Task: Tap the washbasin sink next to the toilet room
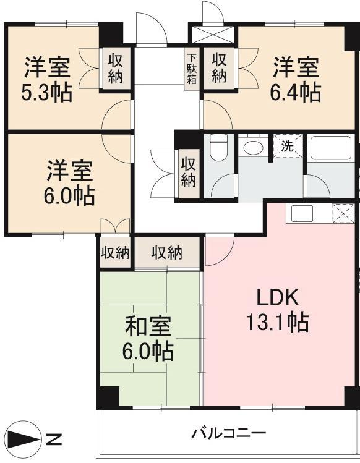coord(252,147)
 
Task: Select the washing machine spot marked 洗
coord(287,146)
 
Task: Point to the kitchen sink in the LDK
coord(302,213)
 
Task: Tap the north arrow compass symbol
coord(24,439)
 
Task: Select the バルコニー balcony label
coord(229,434)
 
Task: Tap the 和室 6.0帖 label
coord(148,338)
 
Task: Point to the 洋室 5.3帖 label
coord(46,80)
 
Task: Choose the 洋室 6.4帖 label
coord(296,80)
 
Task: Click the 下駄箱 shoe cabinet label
coord(192,69)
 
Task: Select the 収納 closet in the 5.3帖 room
coord(115,69)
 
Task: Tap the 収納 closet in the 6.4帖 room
coord(219,68)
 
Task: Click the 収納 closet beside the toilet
coord(189,172)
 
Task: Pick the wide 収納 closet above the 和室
coord(167,253)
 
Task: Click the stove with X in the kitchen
coord(343,213)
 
